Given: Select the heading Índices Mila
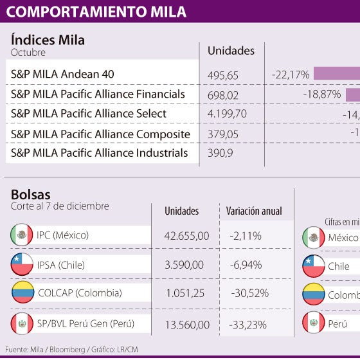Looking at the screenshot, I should pos(48,40).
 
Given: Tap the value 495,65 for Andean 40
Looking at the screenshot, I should pos(223,75).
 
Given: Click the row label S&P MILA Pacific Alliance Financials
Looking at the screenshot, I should pos(98,94).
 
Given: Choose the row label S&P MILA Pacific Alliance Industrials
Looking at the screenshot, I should pos(100,153).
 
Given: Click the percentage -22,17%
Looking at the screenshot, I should pos(291,75).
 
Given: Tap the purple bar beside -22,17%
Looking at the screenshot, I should pos(336,74).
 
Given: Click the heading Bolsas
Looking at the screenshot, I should pos(30,194).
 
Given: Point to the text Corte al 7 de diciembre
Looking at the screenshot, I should pos(60,206).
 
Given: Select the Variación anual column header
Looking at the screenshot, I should pos(254,211).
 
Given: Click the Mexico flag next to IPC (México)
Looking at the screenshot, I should pos(22,235).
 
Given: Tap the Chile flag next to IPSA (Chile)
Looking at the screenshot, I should pos(22,264).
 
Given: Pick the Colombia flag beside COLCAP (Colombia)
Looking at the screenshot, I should pos(22,293).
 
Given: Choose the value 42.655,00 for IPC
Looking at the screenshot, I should pos(186,236).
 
